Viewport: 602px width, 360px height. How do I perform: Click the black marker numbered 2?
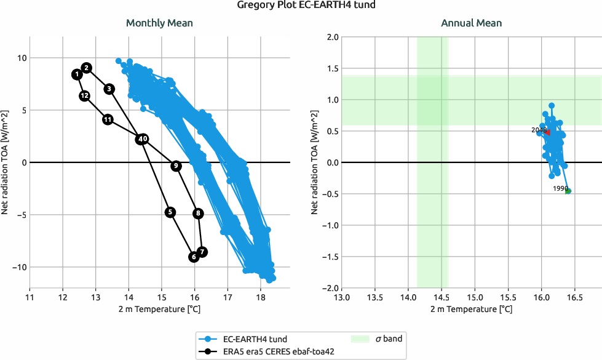click(x=87, y=67)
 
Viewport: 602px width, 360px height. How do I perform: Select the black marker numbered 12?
click(x=85, y=95)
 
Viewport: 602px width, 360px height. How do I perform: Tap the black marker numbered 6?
click(x=194, y=257)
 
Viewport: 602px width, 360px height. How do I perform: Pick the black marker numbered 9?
click(x=176, y=166)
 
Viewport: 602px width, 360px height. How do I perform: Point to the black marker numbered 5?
click(x=170, y=212)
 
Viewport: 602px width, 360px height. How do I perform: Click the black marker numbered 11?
click(x=108, y=119)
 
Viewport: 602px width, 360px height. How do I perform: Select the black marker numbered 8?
click(x=198, y=213)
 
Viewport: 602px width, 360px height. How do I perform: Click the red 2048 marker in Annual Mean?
click(x=548, y=132)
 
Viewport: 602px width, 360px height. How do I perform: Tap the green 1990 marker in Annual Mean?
click(x=568, y=191)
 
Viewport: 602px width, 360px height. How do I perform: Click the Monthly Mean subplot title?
click(x=159, y=23)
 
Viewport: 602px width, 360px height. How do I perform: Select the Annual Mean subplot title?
click(x=471, y=23)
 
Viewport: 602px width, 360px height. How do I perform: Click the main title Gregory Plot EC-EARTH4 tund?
click(x=301, y=6)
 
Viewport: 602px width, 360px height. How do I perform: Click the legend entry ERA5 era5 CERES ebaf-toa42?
click(x=271, y=351)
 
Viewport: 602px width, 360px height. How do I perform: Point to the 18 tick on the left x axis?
click(x=260, y=297)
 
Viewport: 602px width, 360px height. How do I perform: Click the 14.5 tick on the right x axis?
click(x=442, y=297)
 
